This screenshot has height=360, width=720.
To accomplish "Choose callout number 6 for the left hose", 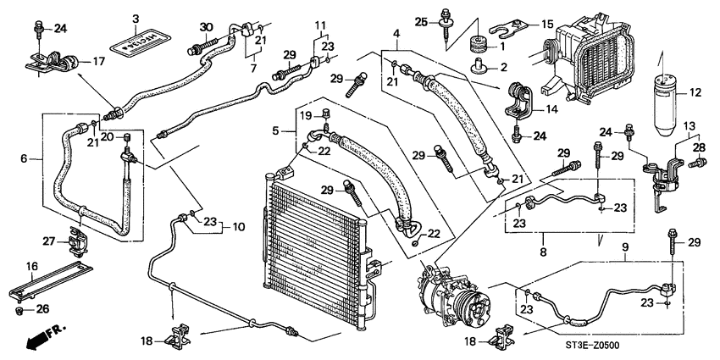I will click(23, 157).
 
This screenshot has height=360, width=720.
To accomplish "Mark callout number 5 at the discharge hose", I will click(276, 131).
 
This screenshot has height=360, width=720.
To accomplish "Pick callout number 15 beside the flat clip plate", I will click(546, 24).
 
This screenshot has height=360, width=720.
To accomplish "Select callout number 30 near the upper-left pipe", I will click(205, 25).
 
